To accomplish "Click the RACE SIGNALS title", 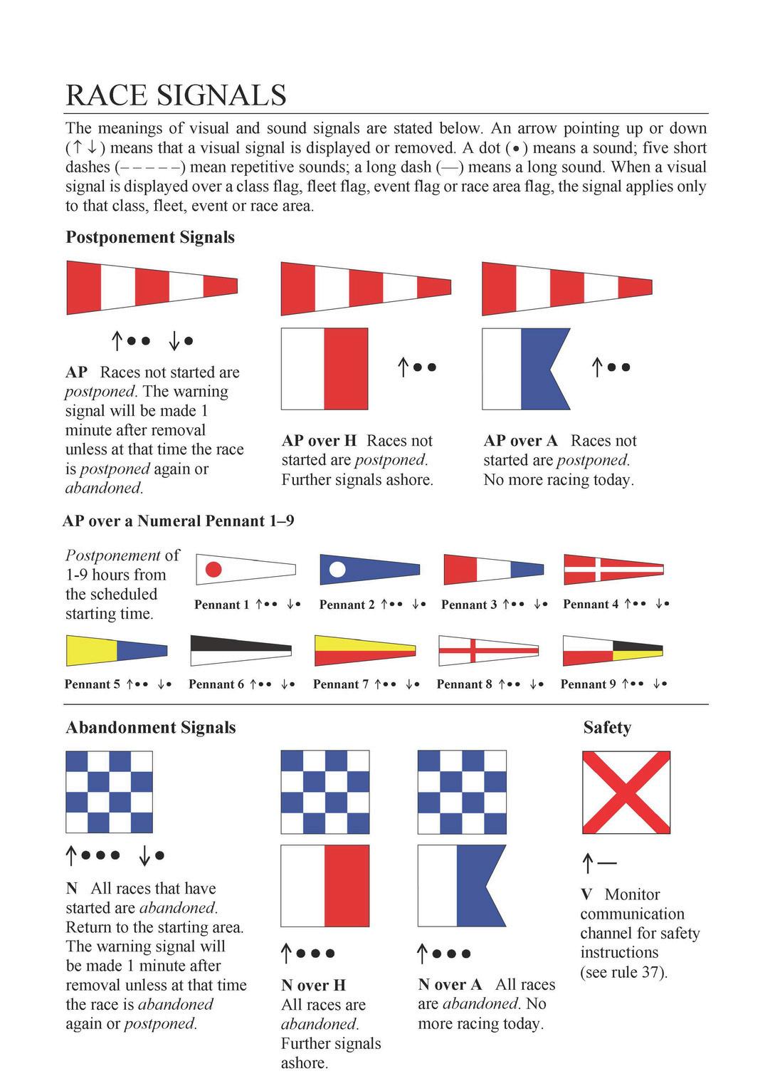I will click(x=176, y=95).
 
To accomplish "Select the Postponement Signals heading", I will click(x=150, y=237).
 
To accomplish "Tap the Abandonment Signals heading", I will click(x=150, y=727).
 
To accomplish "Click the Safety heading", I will click(x=607, y=727).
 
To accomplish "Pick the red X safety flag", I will click(x=626, y=792).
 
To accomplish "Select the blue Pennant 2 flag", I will click(x=369, y=569).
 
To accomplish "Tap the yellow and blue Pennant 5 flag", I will click(x=117, y=649).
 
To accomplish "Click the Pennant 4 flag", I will click(x=613, y=569).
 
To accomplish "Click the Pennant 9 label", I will click(x=589, y=684).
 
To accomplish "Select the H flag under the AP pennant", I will click(x=325, y=369).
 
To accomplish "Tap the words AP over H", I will click(x=319, y=441).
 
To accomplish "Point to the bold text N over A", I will click(x=450, y=985).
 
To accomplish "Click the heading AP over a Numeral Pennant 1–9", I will click(x=179, y=521).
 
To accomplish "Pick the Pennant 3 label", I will click(x=469, y=605).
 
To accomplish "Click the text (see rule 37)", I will click(x=623, y=972).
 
